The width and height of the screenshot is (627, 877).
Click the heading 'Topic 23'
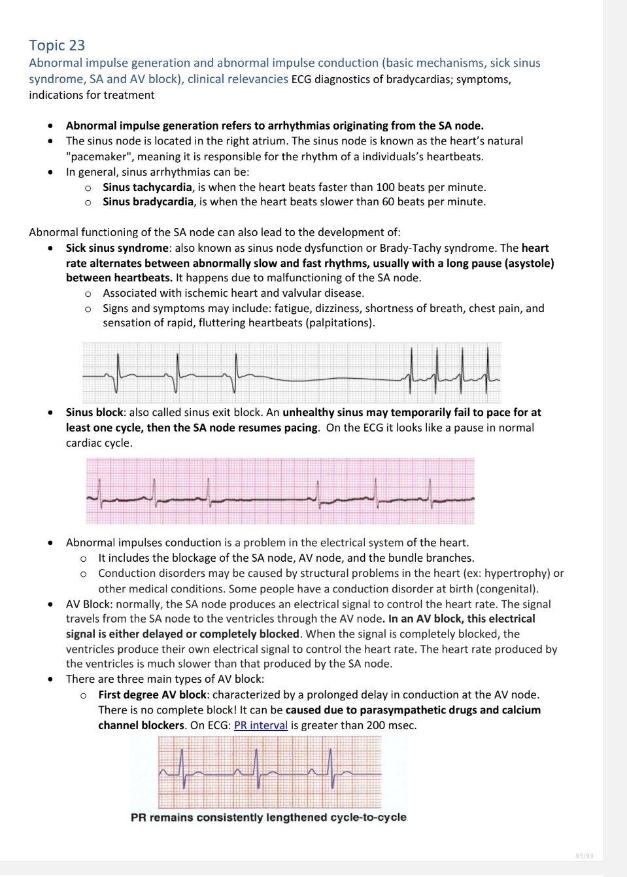click(x=57, y=45)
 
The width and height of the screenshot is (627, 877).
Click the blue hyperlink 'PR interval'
click(x=260, y=725)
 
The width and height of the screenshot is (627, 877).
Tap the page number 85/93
click(x=585, y=855)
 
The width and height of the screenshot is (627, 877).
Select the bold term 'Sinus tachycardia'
click(x=147, y=187)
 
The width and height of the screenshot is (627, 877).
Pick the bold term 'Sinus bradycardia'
click(x=148, y=201)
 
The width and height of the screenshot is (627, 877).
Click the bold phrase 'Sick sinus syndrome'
click(x=117, y=248)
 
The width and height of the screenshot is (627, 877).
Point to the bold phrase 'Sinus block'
click(x=94, y=412)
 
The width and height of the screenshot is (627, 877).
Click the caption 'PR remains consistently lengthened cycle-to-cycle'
click(x=268, y=817)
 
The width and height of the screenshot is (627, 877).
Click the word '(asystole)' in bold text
click(x=526, y=263)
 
